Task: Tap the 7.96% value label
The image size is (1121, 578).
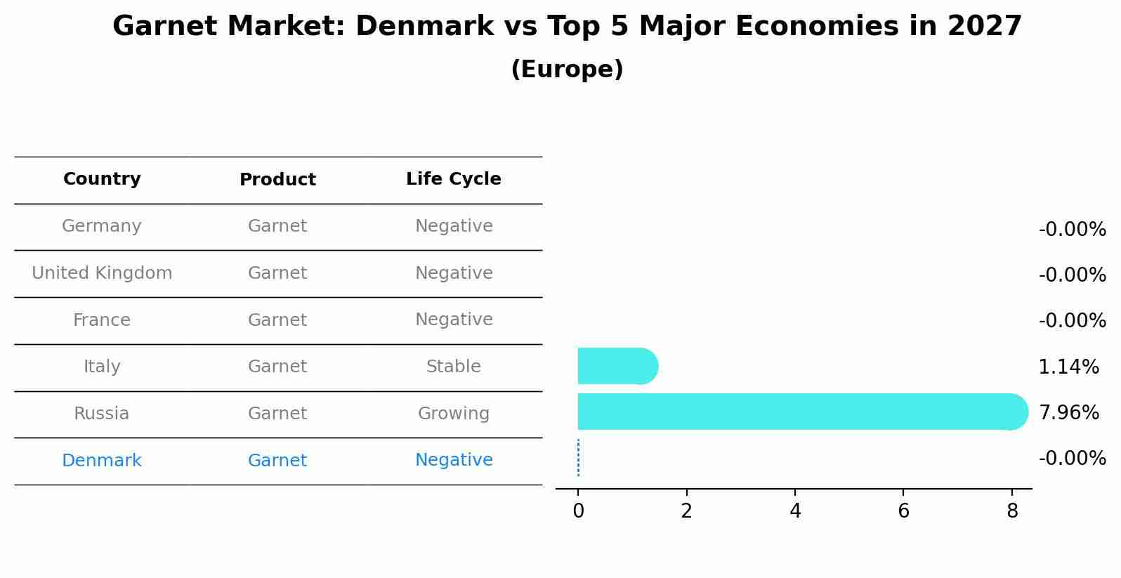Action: [1068, 412]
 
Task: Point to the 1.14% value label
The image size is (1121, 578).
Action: [1068, 367]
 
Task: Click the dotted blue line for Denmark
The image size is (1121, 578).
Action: [578, 458]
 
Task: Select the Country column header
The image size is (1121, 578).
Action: [102, 179]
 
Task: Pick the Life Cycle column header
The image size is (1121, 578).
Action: [453, 179]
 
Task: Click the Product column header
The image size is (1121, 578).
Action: [277, 180]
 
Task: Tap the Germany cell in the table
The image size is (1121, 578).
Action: [102, 226]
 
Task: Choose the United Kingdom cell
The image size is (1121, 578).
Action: [102, 273]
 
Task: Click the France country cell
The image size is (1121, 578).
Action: [102, 320]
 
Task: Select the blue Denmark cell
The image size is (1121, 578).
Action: [102, 461]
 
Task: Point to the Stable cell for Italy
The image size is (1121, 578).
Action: [453, 367]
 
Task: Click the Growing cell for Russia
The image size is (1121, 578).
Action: [453, 414]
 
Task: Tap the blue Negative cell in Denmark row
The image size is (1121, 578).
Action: [453, 460]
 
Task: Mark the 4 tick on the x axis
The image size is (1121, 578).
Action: [795, 511]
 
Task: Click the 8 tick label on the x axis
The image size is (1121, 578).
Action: [1011, 511]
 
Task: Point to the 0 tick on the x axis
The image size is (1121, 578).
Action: [578, 511]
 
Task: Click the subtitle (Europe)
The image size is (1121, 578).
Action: [567, 70]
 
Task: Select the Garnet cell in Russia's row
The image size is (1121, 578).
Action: [277, 414]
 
